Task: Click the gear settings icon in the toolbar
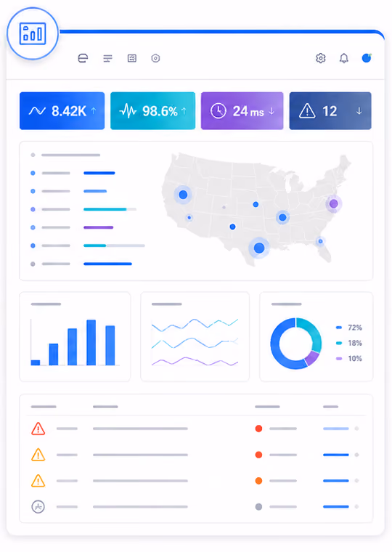(x=321, y=58)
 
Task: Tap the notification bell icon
(x=344, y=58)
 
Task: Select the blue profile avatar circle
(x=367, y=58)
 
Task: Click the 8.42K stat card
(x=62, y=111)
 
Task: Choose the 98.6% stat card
(x=152, y=111)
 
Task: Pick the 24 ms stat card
(x=242, y=111)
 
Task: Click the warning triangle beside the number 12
(x=307, y=111)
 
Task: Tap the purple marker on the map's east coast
(x=334, y=203)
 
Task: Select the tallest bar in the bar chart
(x=91, y=342)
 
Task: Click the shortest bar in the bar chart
(x=36, y=362)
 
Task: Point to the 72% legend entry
(x=348, y=328)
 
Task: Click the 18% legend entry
(x=348, y=343)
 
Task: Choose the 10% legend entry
(x=348, y=358)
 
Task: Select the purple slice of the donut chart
(x=312, y=358)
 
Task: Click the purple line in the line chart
(x=195, y=361)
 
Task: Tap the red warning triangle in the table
(x=38, y=429)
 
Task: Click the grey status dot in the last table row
(x=258, y=506)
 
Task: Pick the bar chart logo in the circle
(x=33, y=33)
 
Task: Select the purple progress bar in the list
(x=99, y=227)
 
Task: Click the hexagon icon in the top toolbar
(x=155, y=58)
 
